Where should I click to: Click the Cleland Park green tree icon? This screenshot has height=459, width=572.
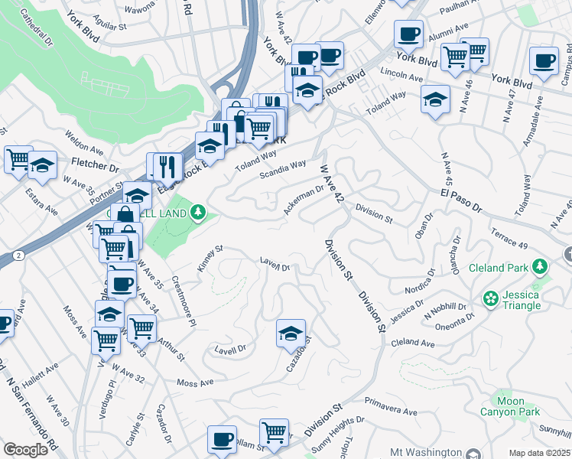541,267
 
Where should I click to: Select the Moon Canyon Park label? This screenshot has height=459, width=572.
510,406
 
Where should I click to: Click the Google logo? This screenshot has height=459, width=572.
25,449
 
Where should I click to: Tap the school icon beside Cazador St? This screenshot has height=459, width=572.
291,334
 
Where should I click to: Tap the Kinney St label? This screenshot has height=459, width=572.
209,252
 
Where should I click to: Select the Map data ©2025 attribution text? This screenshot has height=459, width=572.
540,453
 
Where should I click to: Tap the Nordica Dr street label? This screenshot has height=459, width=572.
420,281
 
